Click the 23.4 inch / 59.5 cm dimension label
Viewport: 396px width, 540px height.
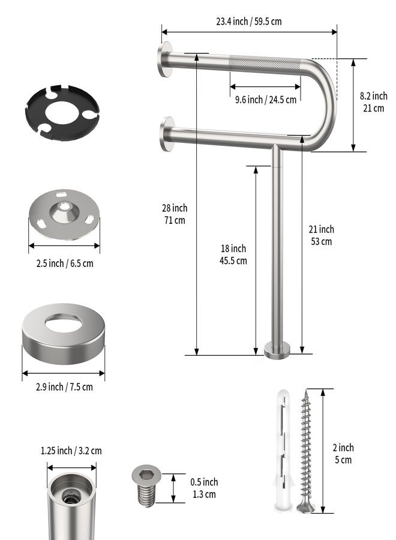click(248, 22)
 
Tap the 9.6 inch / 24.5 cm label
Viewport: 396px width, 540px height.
click(265, 100)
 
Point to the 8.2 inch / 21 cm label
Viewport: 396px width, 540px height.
click(374, 102)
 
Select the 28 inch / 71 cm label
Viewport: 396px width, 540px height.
click(175, 214)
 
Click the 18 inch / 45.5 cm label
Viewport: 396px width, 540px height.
click(233, 254)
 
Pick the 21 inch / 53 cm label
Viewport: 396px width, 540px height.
click(321, 235)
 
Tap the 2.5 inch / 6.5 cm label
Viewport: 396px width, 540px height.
click(65, 263)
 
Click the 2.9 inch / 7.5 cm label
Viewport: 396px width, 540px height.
click(64, 387)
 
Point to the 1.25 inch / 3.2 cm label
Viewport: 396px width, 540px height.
click(71, 451)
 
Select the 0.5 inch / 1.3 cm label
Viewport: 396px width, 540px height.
click(204, 488)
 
